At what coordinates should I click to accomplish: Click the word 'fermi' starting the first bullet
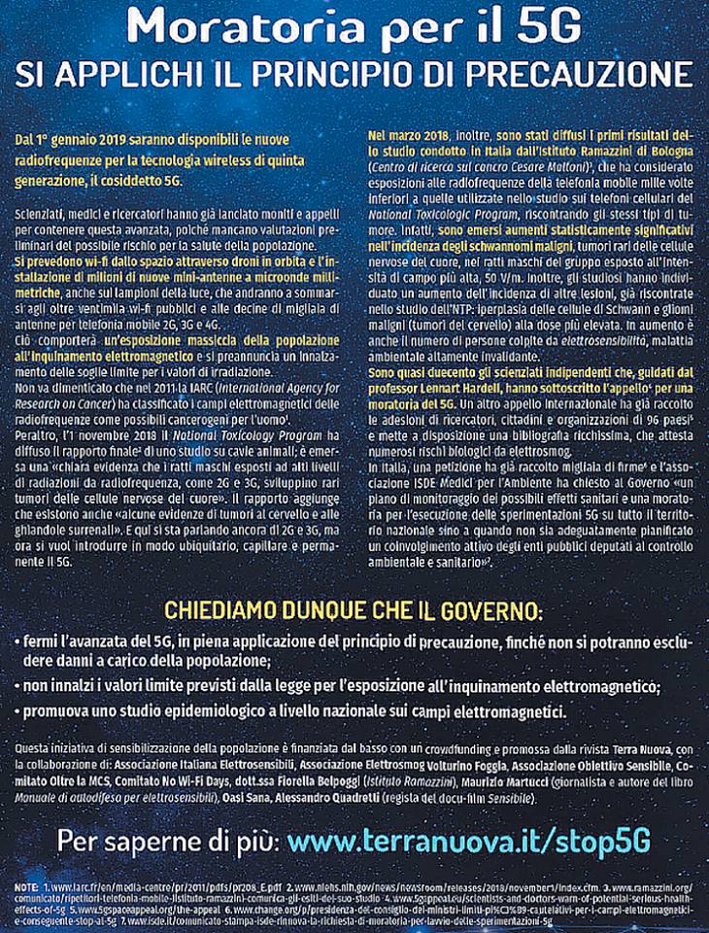click(x=42, y=642)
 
